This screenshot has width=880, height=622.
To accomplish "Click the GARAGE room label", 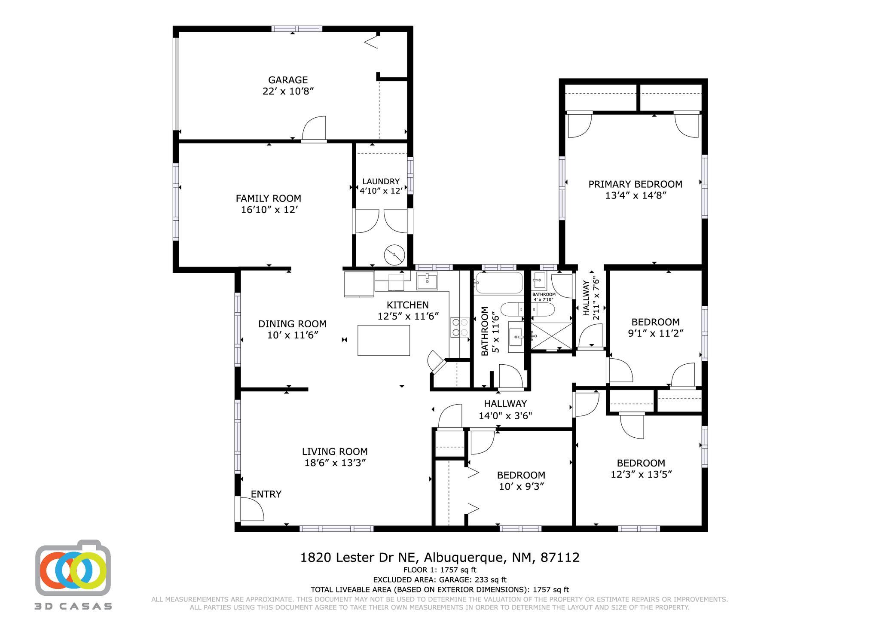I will (x=288, y=80).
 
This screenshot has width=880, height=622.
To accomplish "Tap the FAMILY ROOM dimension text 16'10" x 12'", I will (x=269, y=210).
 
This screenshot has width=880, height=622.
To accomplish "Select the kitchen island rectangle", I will (x=383, y=340).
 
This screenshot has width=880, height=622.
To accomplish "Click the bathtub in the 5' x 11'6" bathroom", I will (x=499, y=283).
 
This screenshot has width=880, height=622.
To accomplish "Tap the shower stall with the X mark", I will (x=552, y=335).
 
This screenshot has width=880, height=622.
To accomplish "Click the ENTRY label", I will (x=266, y=494).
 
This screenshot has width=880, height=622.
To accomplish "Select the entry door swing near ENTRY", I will (x=251, y=509).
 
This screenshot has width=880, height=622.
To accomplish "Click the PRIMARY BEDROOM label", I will (x=635, y=184).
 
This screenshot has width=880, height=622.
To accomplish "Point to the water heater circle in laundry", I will (x=394, y=255).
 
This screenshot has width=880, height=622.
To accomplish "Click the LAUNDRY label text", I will (x=381, y=182).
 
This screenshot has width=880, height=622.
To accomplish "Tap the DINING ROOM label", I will (x=292, y=324).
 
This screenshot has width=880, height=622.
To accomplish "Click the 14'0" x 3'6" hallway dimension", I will (x=505, y=416).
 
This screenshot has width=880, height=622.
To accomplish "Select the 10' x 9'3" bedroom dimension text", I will (x=521, y=487).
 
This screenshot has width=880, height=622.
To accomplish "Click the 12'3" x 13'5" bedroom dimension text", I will (x=641, y=475).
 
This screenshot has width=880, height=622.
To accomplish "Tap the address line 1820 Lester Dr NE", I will (x=440, y=558).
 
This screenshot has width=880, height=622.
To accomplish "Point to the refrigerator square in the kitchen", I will (x=359, y=284).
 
